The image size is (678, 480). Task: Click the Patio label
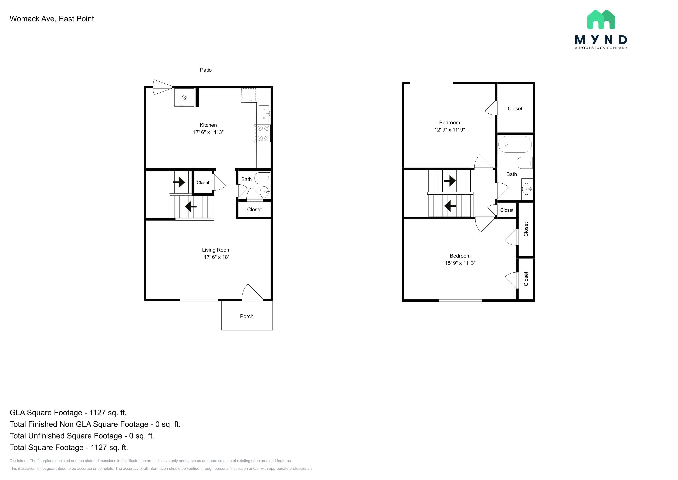tap(206, 70)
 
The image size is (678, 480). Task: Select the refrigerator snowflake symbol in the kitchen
tap(184, 98)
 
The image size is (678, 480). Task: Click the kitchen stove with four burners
tap(262, 134)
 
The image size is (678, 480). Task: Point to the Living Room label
tap(216, 250)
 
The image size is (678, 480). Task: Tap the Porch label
tap(247, 316)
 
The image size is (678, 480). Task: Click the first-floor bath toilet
tap(262, 178)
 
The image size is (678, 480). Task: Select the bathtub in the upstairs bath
tap(515, 144)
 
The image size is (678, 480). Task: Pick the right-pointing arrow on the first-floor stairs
tap(179, 182)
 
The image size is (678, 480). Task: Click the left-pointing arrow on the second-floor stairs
tap(450, 206)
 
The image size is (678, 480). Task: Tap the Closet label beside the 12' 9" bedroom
tap(515, 109)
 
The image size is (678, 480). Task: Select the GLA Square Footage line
tap(68, 413)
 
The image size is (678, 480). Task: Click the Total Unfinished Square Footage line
tap(82, 436)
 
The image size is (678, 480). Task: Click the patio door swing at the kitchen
tap(162, 87)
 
